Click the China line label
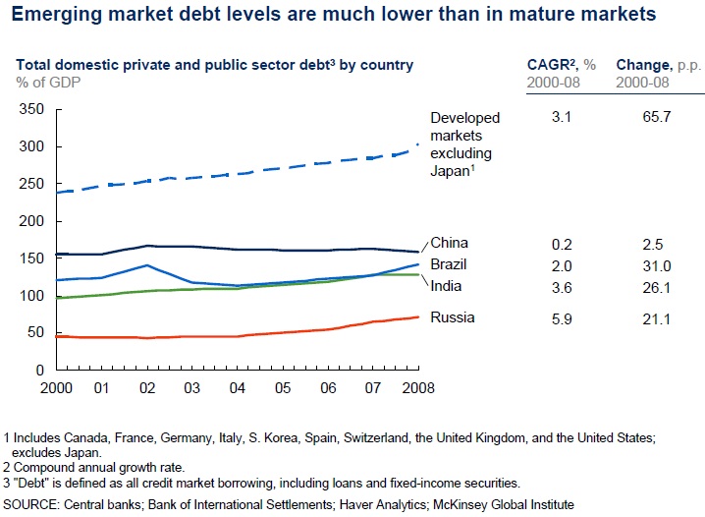(x=450, y=243)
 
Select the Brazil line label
(x=450, y=264)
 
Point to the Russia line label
(x=453, y=316)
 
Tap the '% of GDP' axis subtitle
(x=50, y=81)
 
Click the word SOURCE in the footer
(x=32, y=504)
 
